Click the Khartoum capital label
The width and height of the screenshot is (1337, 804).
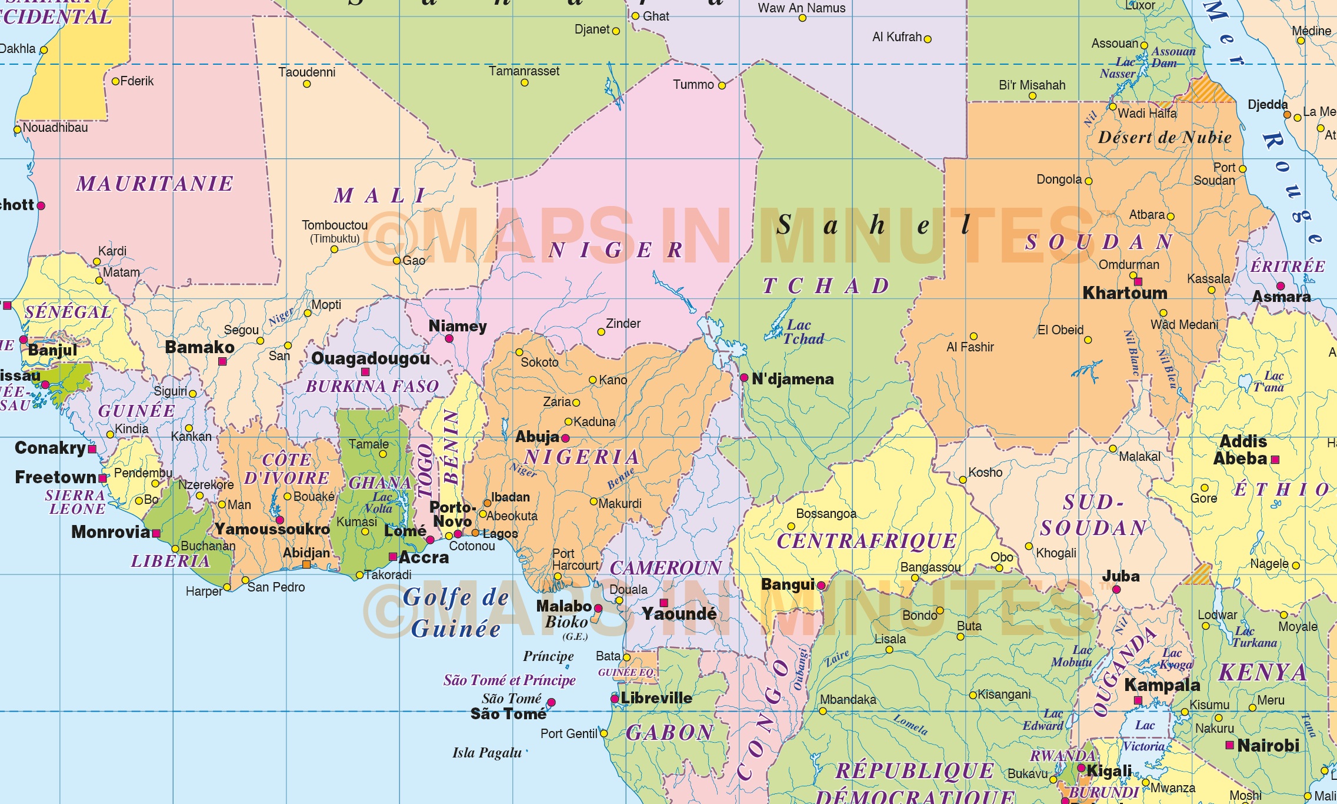(x=1125, y=293)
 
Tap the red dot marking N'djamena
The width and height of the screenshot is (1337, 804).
(x=744, y=377)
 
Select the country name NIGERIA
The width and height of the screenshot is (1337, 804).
(x=582, y=457)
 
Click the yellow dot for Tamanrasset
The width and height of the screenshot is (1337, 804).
(x=524, y=83)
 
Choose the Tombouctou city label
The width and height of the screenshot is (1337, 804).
(x=335, y=225)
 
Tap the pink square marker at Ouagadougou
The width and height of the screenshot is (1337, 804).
(x=365, y=372)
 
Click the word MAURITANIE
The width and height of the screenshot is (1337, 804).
(x=155, y=184)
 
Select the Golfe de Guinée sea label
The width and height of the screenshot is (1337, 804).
(x=456, y=613)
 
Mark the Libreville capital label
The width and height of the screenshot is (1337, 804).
(x=656, y=698)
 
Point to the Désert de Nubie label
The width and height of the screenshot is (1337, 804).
(x=1165, y=137)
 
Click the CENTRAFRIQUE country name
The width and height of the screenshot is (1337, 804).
(x=866, y=541)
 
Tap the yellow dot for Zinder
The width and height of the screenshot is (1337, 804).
(x=601, y=332)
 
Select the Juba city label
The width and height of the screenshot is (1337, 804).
(x=1121, y=576)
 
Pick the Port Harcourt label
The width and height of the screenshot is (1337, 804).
(x=575, y=560)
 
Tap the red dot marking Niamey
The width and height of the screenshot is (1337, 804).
(x=449, y=338)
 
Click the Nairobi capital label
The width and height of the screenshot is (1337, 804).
(x=1268, y=746)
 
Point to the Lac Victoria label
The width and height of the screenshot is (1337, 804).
(x=1143, y=736)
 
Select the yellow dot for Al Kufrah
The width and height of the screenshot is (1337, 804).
(x=928, y=39)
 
